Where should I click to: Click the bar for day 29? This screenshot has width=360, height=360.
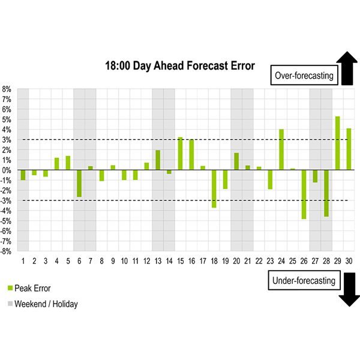pyautogui.click(x=337, y=143)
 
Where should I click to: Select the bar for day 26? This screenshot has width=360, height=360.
pyautogui.click(x=304, y=194)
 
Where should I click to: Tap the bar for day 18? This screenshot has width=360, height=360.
pyautogui.click(x=214, y=189)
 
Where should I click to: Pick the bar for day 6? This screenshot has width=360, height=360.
pyautogui.click(x=79, y=184)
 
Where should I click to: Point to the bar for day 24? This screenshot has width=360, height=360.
pyautogui.click(x=281, y=149)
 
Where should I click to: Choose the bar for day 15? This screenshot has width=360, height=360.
pyautogui.click(x=180, y=154)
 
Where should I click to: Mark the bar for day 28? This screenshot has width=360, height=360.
pyautogui.click(x=326, y=193)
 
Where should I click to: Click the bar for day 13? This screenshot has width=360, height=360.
pyautogui.click(x=158, y=160)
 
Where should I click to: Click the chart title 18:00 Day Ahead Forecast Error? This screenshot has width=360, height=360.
pyautogui.click(x=180, y=65)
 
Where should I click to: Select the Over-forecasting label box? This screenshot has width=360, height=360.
pyautogui.click(x=304, y=76)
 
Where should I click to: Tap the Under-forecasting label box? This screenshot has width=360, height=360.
pyautogui.click(x=304, y=280)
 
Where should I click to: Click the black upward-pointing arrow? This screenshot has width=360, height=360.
pyautogui.click(x=347, y=68)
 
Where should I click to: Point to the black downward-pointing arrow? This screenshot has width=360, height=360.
pyautogui.click(x=349, y=290)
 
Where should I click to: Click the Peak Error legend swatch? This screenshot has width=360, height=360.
pyautogui.click(x=10, y=288)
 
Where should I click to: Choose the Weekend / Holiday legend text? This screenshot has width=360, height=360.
pyautogui.click(x=46, y=304)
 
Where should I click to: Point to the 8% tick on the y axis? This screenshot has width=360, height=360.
pyautogui.click(x=7, y=89)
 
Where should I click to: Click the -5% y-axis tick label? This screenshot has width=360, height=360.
pyautogui.click(x=6, y=221)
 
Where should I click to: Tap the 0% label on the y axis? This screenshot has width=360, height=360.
pyautogui.click(x=7, y=170)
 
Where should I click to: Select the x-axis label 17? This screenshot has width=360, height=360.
pyautogui.click(x=203, y=261)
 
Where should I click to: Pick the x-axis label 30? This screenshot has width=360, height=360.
pyautogui.click(x=349, y=261)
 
